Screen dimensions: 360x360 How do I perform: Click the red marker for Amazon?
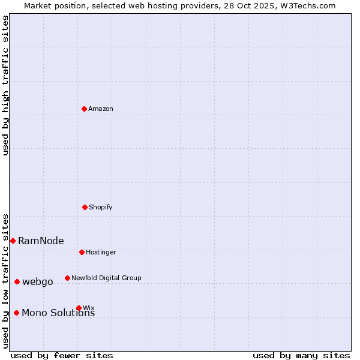pyautogui.click(x=84, y=109)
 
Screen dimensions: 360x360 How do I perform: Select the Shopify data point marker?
pyautogui.click(x=85, y=207)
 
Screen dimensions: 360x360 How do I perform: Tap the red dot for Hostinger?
pyautogui.click(x=82, y=252)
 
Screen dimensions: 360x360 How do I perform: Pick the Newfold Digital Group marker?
pyautogui.click(x=67, y=278)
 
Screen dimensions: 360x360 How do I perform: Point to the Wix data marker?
pyautogui.click(x=79, y=308)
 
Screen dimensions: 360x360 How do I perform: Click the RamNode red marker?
pyautogui.click(x=13, y=241)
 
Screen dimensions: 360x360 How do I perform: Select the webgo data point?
pyautogui.click(x=17, y=281)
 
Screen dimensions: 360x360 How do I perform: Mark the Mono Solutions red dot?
pyautogui.click(x=16, y=313)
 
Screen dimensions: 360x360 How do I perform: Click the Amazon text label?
pyautogui.click(x=101, y=109)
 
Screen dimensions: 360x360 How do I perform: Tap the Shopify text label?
pyautogui.click(x=101, y=207)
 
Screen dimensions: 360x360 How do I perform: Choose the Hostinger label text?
pyautogui.click(x=101, y=252)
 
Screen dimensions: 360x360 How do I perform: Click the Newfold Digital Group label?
pyautogui.click(x=106, y=278)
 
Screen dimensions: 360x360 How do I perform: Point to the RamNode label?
pyautogui.click(x=41, y=241)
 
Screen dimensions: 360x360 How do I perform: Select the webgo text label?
pyautogui.click(x=38, y=281)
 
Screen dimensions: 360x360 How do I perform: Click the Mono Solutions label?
pyautogui.click(x=58, y=313)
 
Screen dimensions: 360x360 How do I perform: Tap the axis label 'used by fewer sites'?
pyautogui.click(x=62, y=355)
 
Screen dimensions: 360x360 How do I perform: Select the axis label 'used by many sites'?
pyautogui.click(x=301, y=355)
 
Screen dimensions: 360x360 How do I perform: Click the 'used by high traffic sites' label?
pyautogui.click(x=5, y=85)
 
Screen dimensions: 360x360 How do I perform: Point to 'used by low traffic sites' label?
pyautogui.click(x=5, y=280)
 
